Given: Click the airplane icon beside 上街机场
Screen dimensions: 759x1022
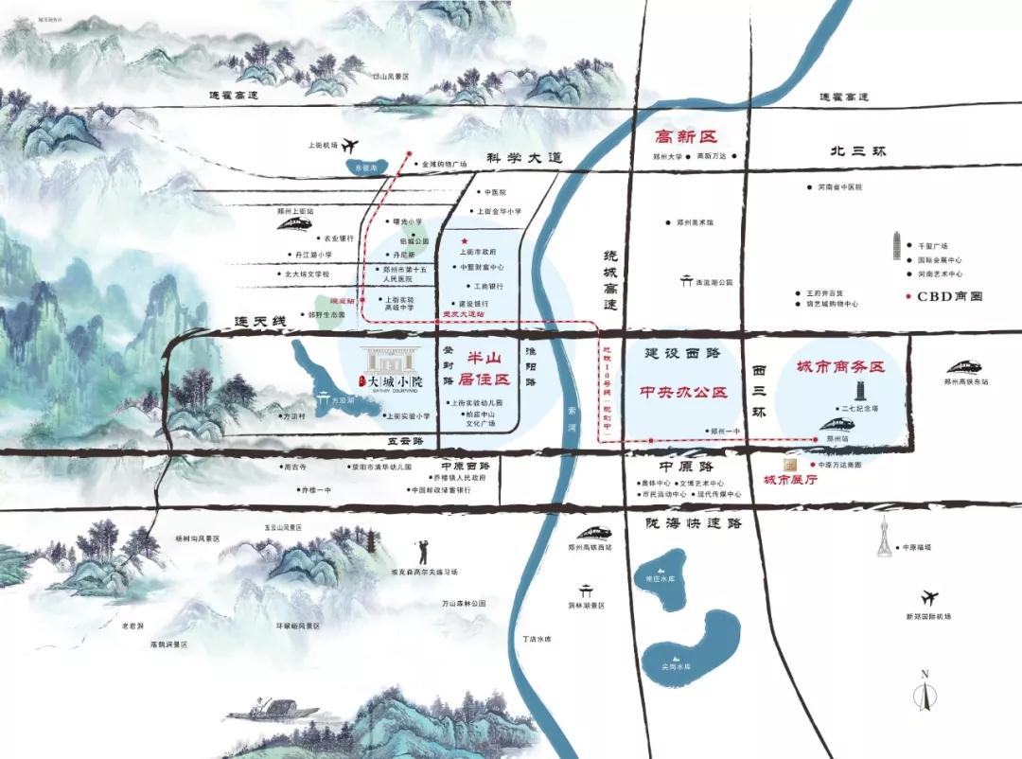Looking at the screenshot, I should coord(351,146).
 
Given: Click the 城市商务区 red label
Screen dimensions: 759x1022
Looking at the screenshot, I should coord(840,367).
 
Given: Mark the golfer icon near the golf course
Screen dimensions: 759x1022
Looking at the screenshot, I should coord(422,551).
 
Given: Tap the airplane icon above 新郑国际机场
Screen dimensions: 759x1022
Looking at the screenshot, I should coord(928,597).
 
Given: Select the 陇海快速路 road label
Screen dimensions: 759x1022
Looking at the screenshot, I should coord(693,522).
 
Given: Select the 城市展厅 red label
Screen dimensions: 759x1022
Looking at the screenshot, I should coord(790,481).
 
